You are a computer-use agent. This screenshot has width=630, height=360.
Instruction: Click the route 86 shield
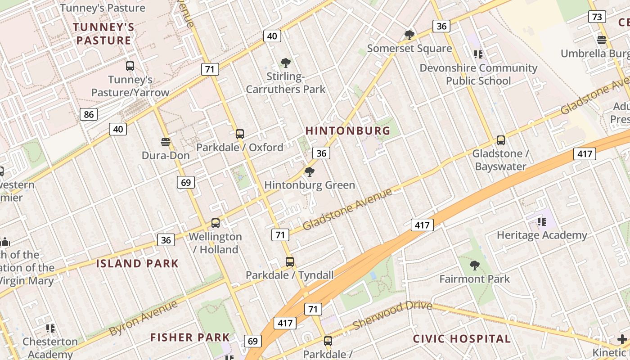[89, 114]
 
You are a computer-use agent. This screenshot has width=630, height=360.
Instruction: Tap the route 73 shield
[597, 17]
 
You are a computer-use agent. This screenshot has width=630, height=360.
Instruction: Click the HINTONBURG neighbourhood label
[348, 131]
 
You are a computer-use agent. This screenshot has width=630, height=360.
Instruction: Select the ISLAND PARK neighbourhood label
[137, 264]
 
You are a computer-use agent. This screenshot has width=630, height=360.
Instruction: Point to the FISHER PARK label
[190, 337]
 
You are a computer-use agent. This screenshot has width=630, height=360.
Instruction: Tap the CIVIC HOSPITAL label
[462, 339]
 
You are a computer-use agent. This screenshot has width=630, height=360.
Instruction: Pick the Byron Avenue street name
[143, 318]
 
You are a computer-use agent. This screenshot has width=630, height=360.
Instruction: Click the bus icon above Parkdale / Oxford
[240, 134]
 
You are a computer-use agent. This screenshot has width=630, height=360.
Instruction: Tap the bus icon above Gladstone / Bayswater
[500, 140]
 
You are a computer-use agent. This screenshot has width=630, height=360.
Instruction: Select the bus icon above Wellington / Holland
[216, 223]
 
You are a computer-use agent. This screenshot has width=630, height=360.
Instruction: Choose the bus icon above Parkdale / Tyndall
[290, 261]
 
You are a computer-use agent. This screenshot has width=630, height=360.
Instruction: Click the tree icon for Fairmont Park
[474, 265]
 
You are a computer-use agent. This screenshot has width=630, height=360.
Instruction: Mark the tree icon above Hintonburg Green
[309, 171]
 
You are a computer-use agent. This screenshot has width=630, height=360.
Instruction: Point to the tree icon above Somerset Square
[409, 35]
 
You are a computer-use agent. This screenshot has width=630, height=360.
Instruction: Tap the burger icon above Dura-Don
[166, 142]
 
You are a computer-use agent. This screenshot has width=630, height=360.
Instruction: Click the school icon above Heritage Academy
[542, 221]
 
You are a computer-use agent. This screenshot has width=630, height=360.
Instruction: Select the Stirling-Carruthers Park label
[285, 83]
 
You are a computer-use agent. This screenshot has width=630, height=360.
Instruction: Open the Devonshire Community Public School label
[478, 74]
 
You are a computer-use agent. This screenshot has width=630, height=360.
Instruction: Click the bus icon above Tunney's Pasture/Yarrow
[130, 66]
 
